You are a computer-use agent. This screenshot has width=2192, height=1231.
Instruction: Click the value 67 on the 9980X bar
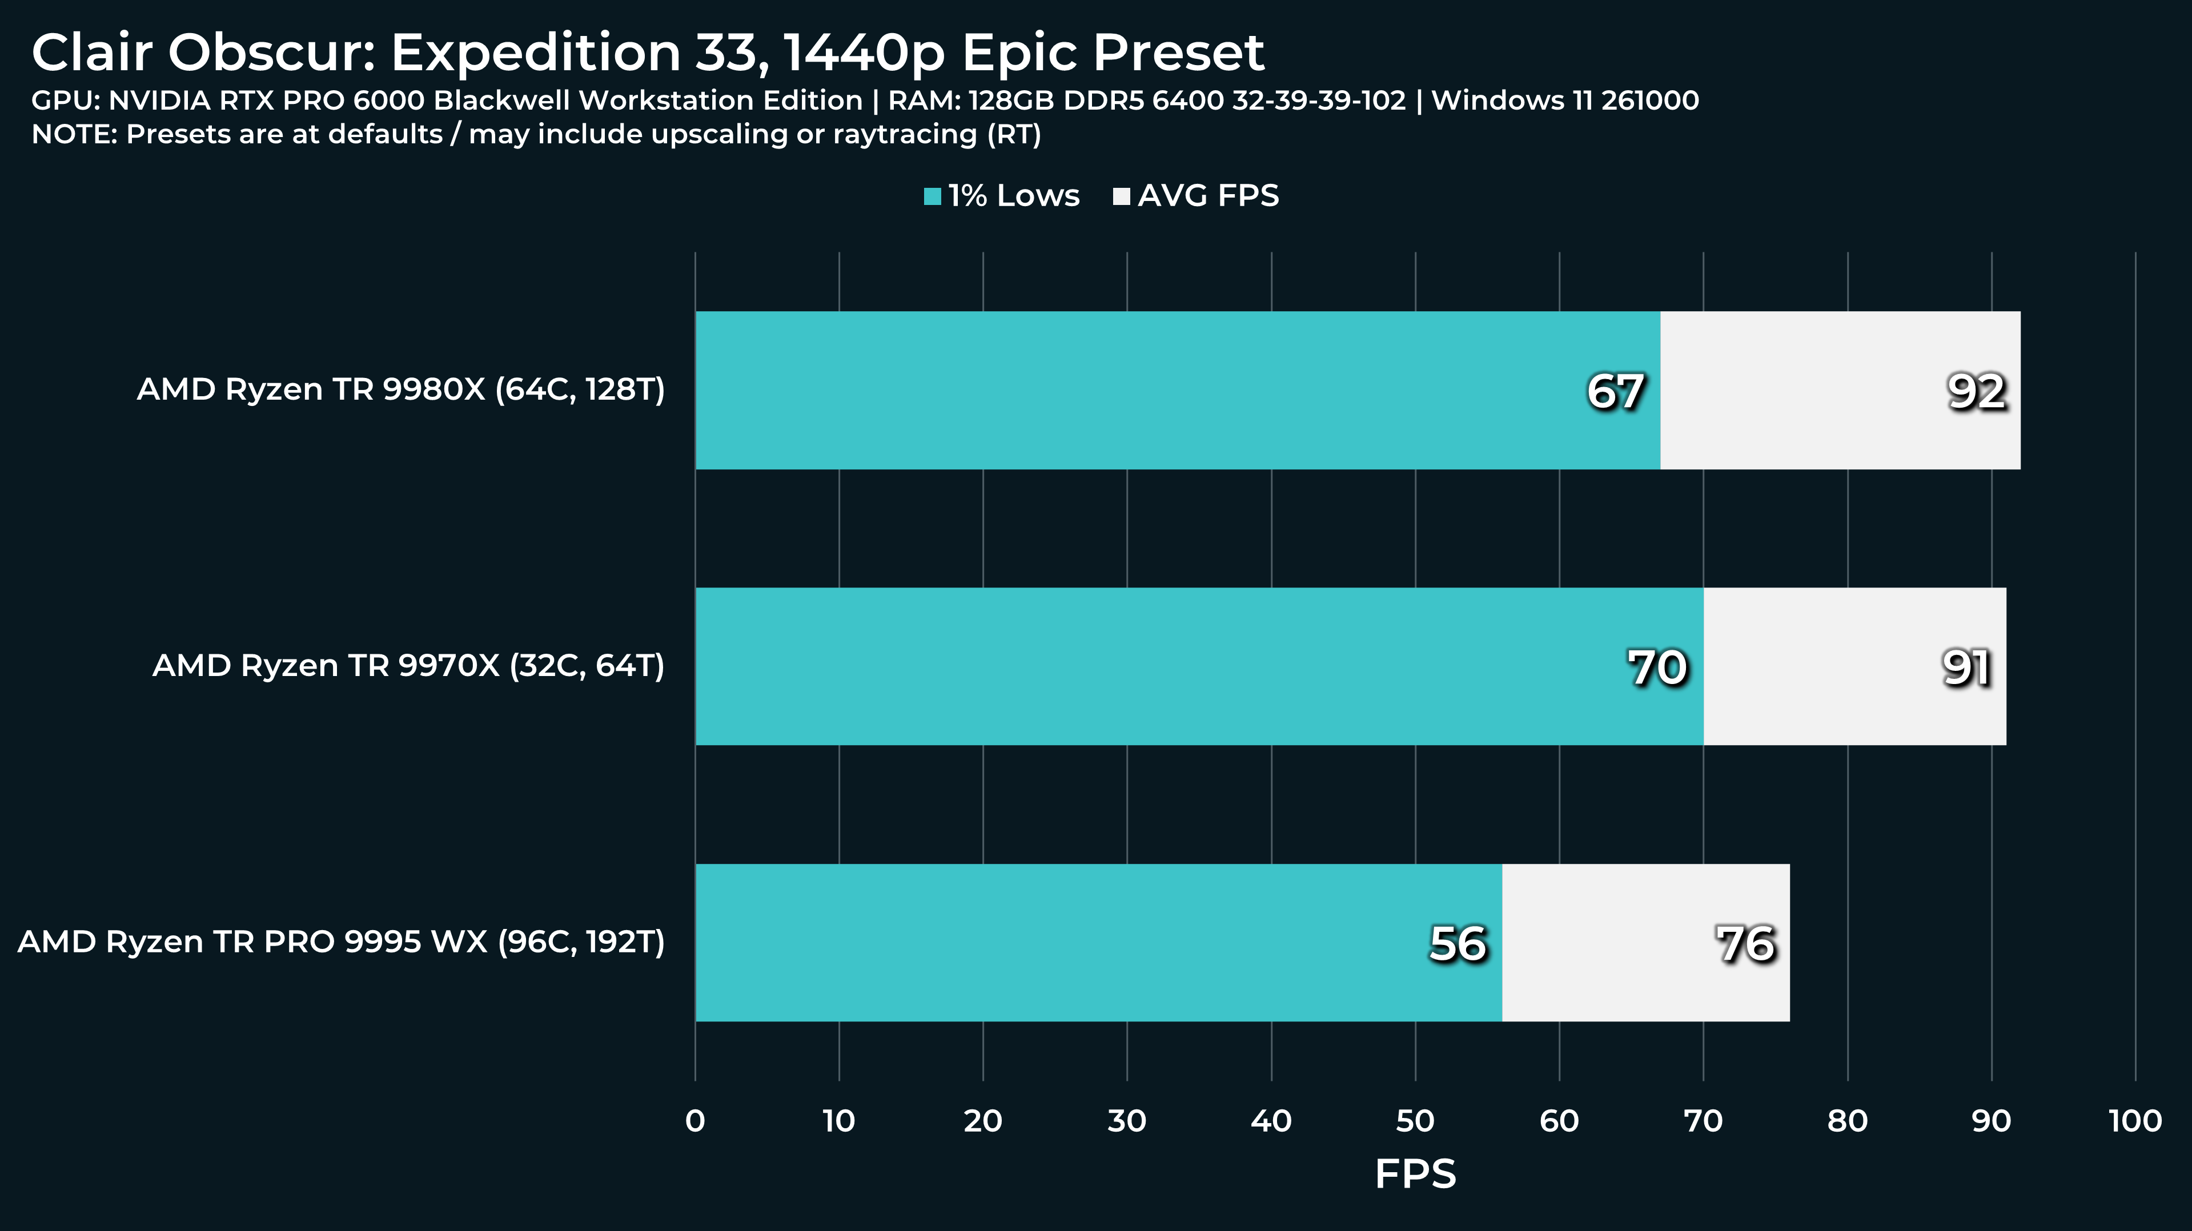[1615, 392]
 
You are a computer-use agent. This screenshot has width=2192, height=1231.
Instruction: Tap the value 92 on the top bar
[1977, 392]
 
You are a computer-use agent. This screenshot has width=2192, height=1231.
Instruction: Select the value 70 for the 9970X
[1657, 668]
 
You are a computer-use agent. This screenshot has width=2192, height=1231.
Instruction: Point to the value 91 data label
[1966, 668]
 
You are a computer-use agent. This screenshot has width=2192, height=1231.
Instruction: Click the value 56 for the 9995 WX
[1458, 944]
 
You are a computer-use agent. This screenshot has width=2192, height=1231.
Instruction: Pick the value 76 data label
[1745, 944]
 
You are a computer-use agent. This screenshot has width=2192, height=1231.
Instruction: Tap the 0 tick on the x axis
[695, 1121]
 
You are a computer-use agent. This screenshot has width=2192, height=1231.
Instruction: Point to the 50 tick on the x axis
[1415, 1121]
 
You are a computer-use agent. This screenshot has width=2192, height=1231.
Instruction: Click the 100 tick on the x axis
[2135, 1121]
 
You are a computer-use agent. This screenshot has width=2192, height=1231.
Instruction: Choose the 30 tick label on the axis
[1127, 1121]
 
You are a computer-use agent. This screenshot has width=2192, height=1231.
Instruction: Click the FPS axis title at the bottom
[1415, 1174]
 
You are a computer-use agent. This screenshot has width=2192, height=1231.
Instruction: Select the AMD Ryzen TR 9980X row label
[401, 389]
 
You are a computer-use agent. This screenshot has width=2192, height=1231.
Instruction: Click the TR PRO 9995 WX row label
[341, 942]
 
